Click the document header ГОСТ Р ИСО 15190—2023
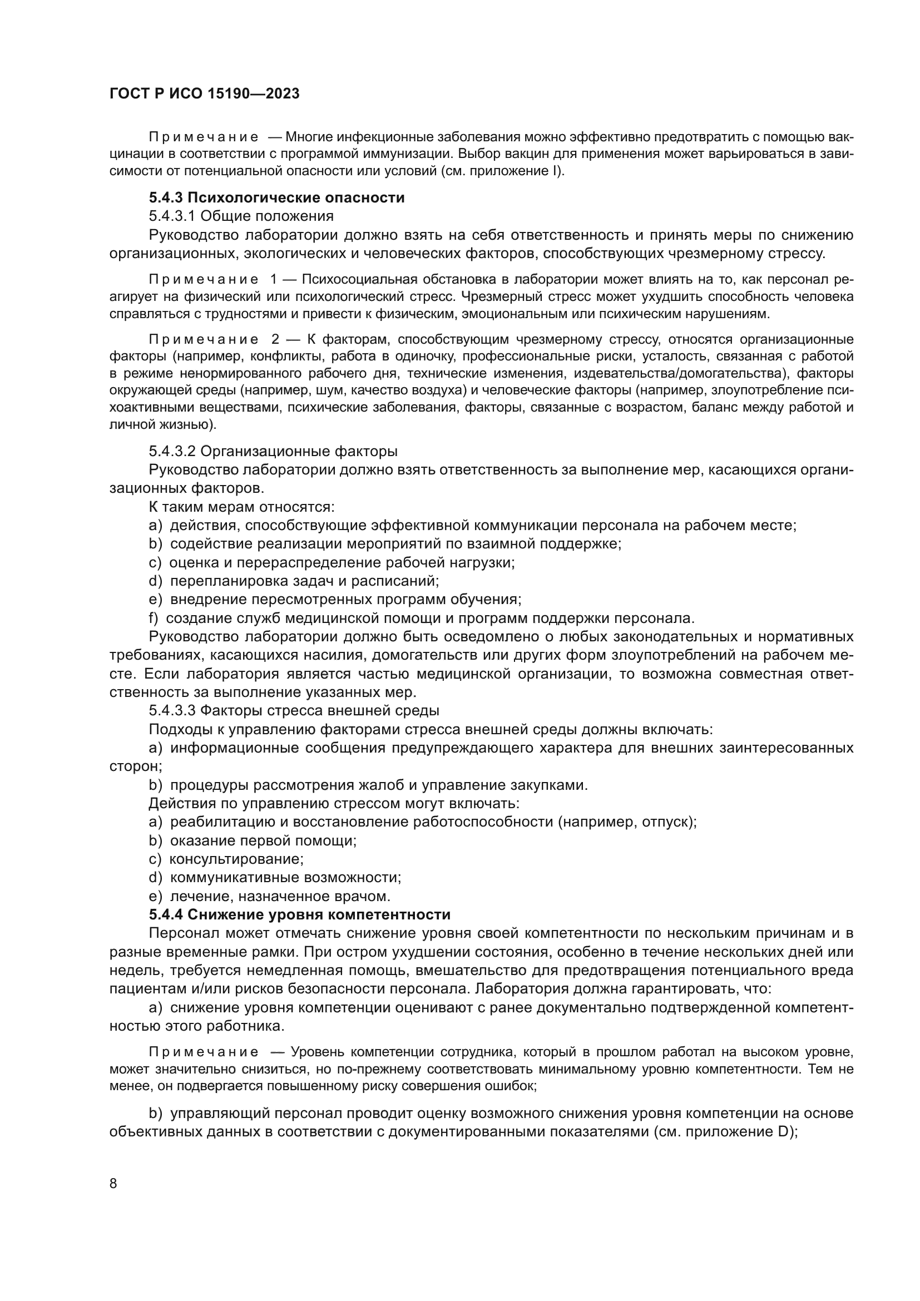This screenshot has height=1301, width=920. pos(204,94)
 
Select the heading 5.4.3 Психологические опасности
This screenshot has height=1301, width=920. pos(276,198)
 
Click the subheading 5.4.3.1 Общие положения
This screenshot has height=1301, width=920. pos(241,216)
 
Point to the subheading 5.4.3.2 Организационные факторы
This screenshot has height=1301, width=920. pos(273,451)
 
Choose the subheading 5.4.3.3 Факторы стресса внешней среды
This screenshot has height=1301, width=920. pos(294,710)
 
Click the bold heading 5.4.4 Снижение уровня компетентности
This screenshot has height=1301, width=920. pos(300,914)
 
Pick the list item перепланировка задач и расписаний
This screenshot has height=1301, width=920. pos(304,581)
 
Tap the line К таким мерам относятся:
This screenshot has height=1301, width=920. pos(241,507)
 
